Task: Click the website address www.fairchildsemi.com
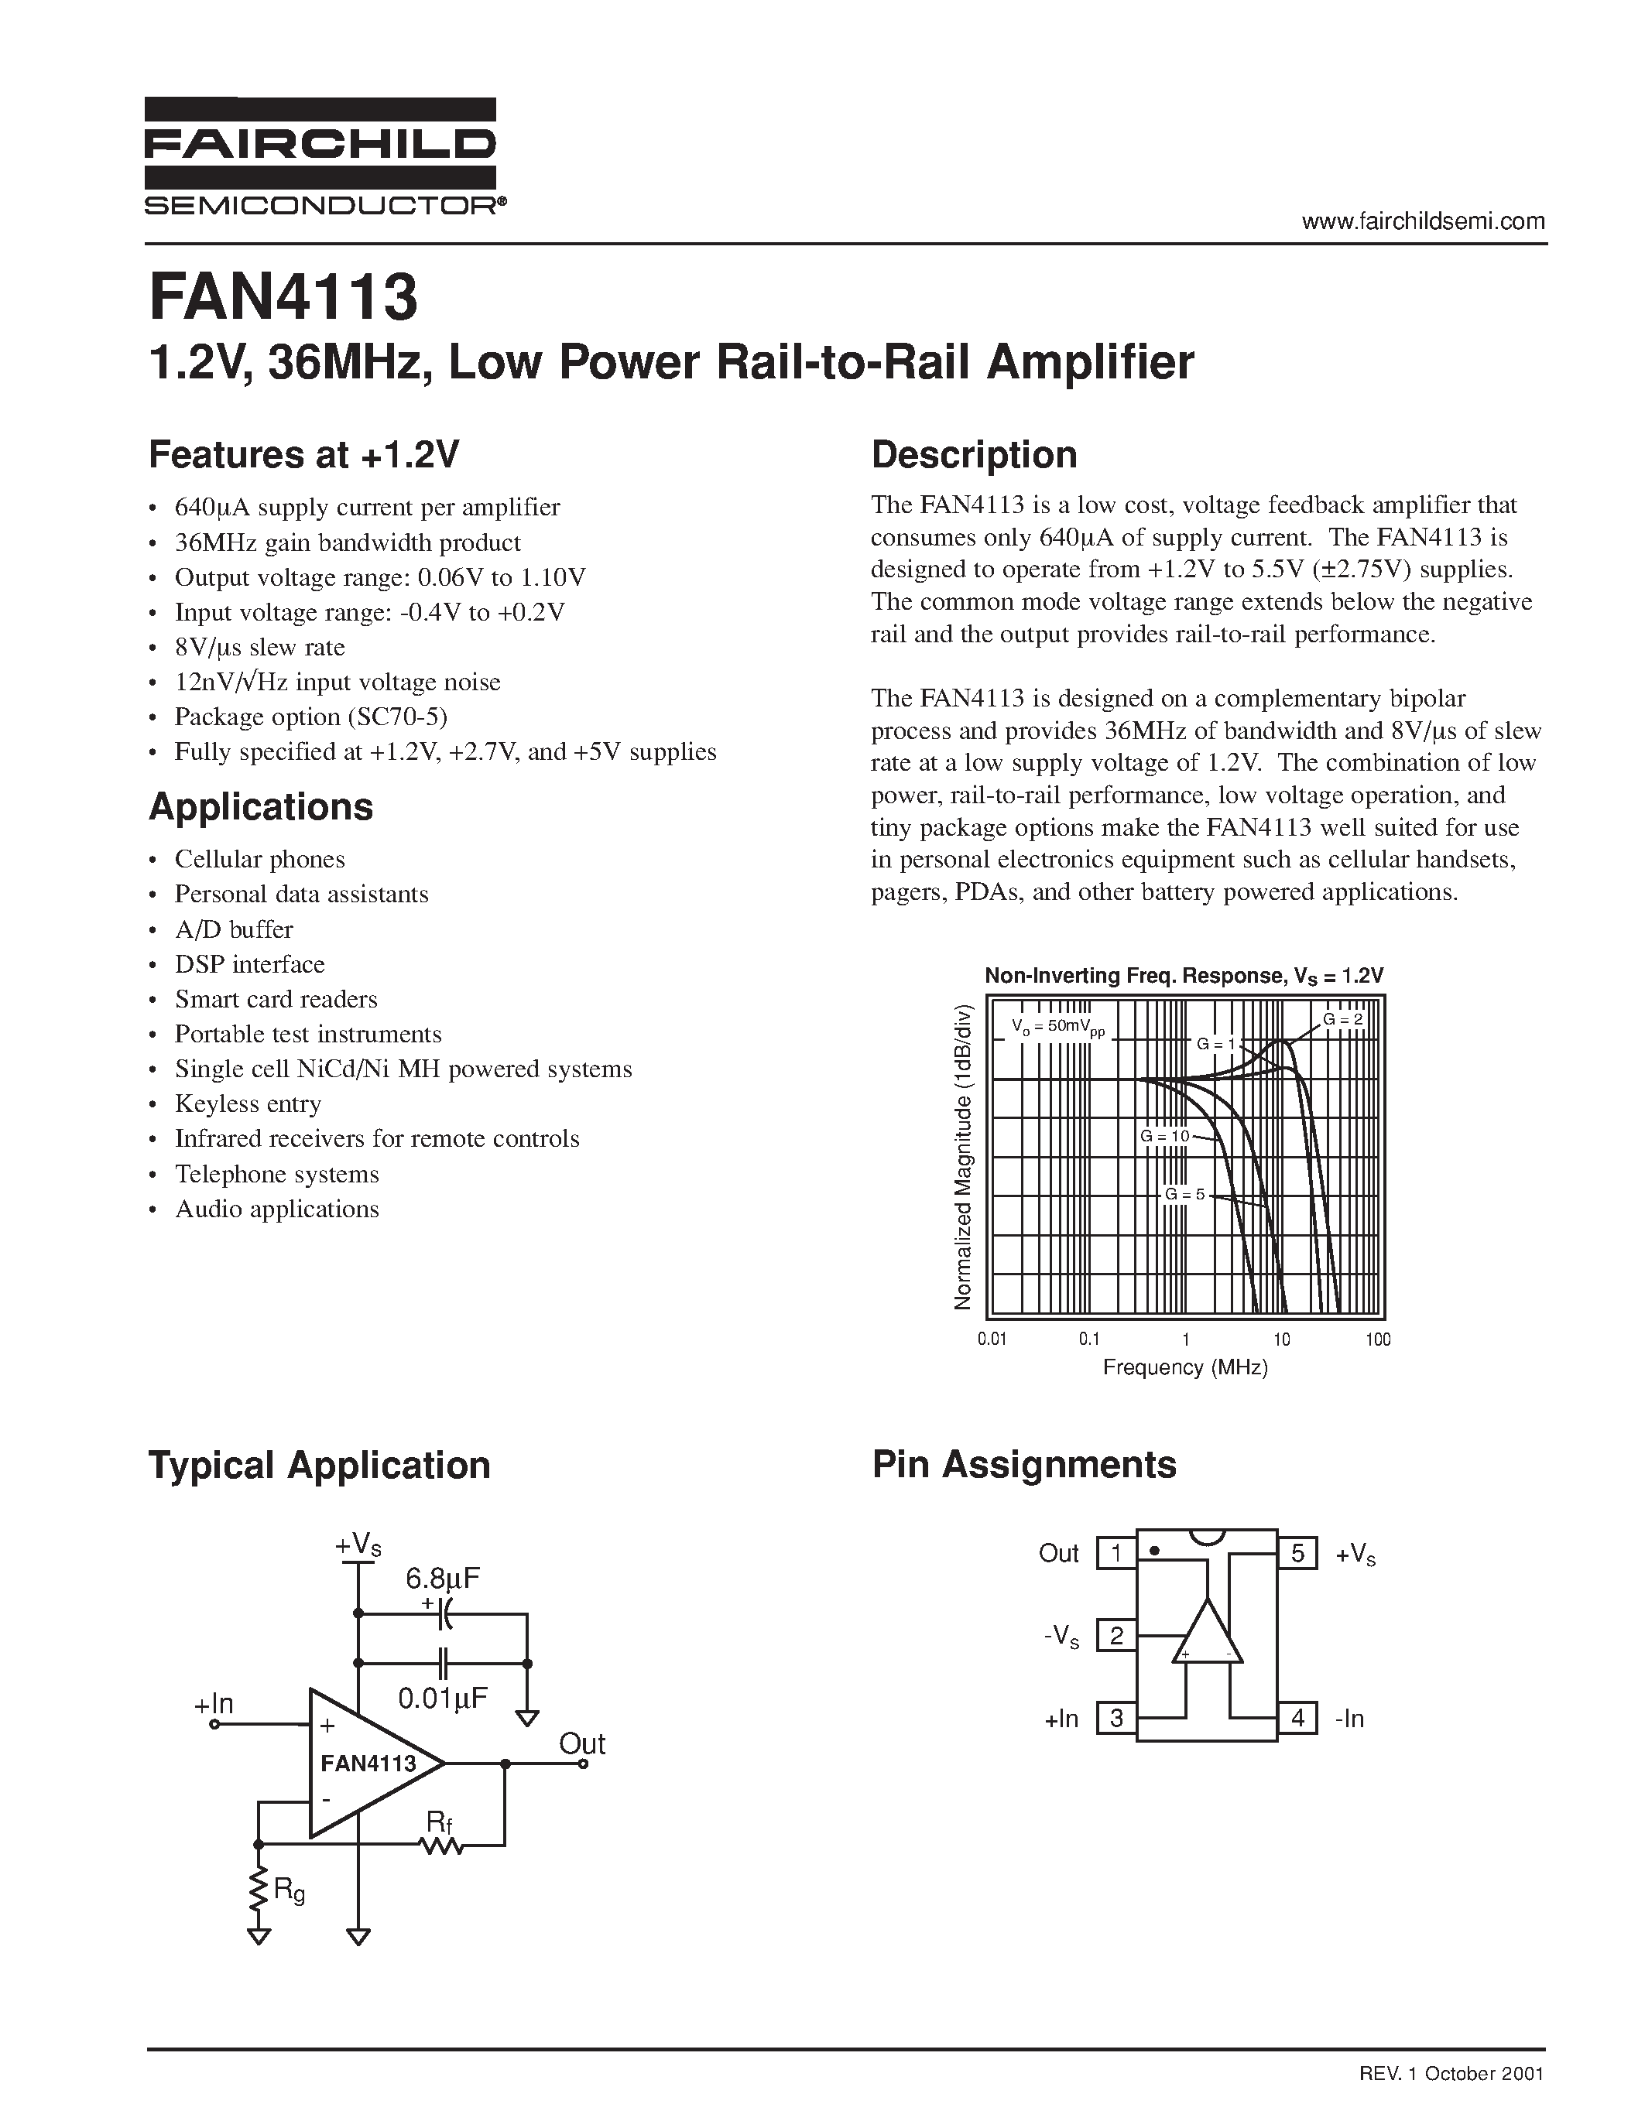pos(1423,221)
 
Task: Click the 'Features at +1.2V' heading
pos(303,455)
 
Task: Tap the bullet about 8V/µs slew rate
pos(259,647)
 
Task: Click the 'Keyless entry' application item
pos(248,1104)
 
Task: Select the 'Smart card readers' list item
pos(276,1000)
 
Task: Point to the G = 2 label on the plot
pos(1343,1020)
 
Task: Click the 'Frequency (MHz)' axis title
pos(1185,1368)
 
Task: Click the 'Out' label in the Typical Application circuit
pos(582,1743)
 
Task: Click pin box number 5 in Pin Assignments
pos(1297,1553)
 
